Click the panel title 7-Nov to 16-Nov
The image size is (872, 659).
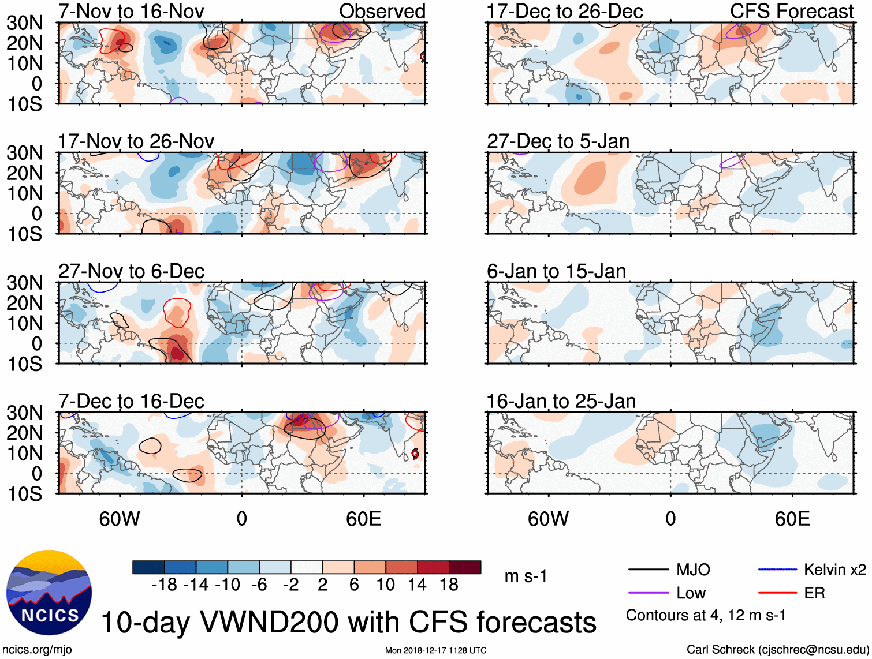click(x=131, y=11)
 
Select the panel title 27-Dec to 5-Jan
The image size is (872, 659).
click(x=558, y=141)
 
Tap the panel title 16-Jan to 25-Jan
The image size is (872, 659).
click(x=561, y=401)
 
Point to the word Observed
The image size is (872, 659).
click(x=382, y=11)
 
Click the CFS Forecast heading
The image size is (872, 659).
click(x=791, y=11)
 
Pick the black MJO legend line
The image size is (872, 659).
click(x=648, y=570)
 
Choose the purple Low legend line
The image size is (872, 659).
click(x=648, y=593)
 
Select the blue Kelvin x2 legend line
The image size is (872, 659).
click(x=777, y=570)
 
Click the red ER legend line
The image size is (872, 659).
click(x=777, y=593)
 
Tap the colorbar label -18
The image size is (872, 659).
click(x=165, y=585)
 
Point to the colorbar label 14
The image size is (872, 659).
click(x=417, y=585)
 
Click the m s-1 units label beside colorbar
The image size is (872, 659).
click(x=526, y=576)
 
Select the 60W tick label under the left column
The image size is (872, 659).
click(x=120, y=519)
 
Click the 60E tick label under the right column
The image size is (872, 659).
click(x=792, y=519)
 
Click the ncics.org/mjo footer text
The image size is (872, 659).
click(x=37, y=650)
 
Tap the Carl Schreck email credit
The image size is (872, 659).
click(x=777, y=650)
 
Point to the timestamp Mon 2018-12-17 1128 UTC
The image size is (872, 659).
click(x=435, y=651)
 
